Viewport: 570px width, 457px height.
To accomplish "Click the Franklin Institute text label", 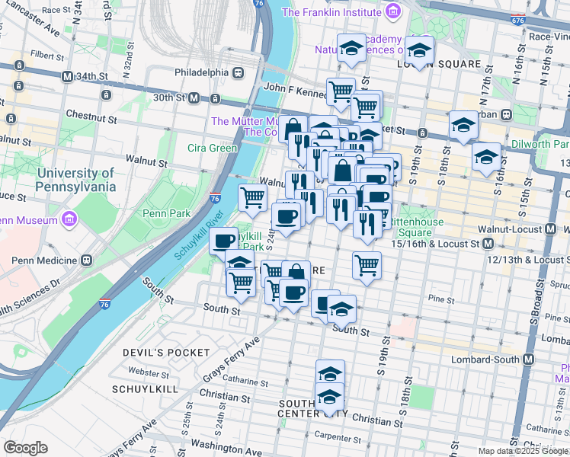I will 331,12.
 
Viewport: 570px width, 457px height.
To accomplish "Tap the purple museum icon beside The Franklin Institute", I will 392,11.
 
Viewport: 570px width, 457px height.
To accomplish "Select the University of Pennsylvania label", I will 75,180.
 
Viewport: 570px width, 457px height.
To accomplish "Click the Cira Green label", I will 213,148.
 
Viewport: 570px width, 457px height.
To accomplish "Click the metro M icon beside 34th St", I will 68,77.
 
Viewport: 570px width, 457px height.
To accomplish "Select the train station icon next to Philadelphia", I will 239,72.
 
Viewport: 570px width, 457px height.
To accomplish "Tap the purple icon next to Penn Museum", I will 69,220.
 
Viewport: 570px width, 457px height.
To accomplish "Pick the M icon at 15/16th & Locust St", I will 487,244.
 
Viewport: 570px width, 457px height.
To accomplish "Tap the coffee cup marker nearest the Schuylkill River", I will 223,241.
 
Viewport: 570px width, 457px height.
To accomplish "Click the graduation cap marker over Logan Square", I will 418,50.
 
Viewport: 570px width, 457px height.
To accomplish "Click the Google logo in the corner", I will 26,448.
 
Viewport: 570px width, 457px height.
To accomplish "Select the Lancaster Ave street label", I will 31,25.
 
